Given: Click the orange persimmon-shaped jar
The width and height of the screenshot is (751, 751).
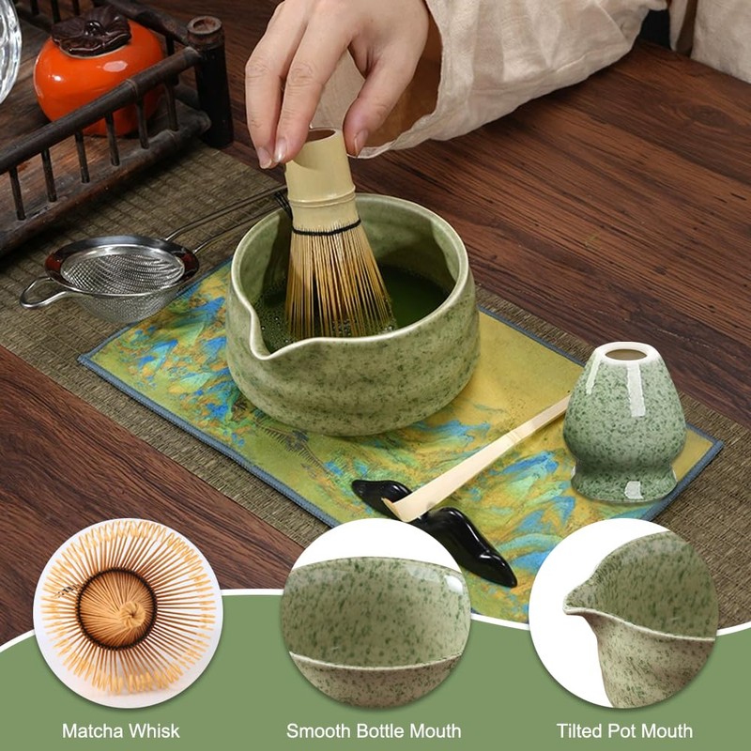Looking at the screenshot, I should [94, 75].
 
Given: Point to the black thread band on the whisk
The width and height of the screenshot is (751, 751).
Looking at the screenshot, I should [325, 228].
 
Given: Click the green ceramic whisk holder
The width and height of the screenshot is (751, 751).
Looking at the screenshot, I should [623, 422].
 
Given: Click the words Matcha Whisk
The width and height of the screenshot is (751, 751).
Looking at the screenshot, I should [121, 730].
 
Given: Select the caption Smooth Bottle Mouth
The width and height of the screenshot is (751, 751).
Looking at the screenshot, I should [374, 730].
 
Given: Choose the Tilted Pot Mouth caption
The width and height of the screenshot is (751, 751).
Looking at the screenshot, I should [624, 730].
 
